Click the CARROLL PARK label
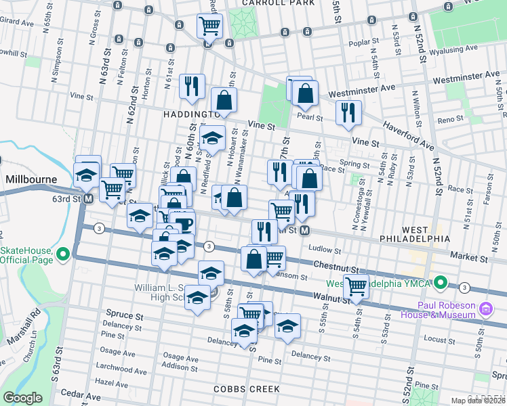(x=279, y=3)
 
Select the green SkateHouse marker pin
(x=63, y=254)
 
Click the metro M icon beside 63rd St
(x=88, y=199)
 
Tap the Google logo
(x=22, y=398)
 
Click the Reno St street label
(x=449, y=119)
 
